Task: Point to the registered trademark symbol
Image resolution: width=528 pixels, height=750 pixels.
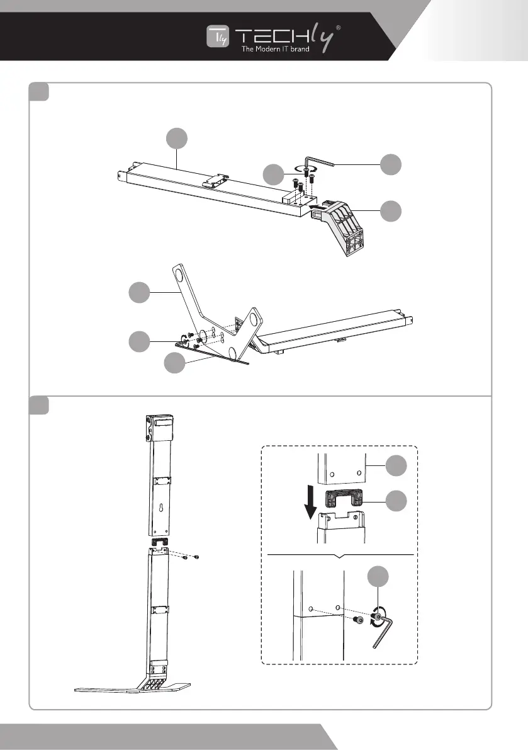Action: click(x=339, y=28)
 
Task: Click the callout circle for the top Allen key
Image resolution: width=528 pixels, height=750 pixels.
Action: click(x=393, y=164)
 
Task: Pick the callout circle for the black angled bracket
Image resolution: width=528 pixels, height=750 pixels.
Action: click(x=393, y=210)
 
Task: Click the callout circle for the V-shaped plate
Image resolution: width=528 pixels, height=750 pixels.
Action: click(x=140, y=293)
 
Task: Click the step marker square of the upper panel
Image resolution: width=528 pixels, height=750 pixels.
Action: click(x=40, y=92)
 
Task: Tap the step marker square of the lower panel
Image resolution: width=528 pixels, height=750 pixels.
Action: click(x=40, y=405)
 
